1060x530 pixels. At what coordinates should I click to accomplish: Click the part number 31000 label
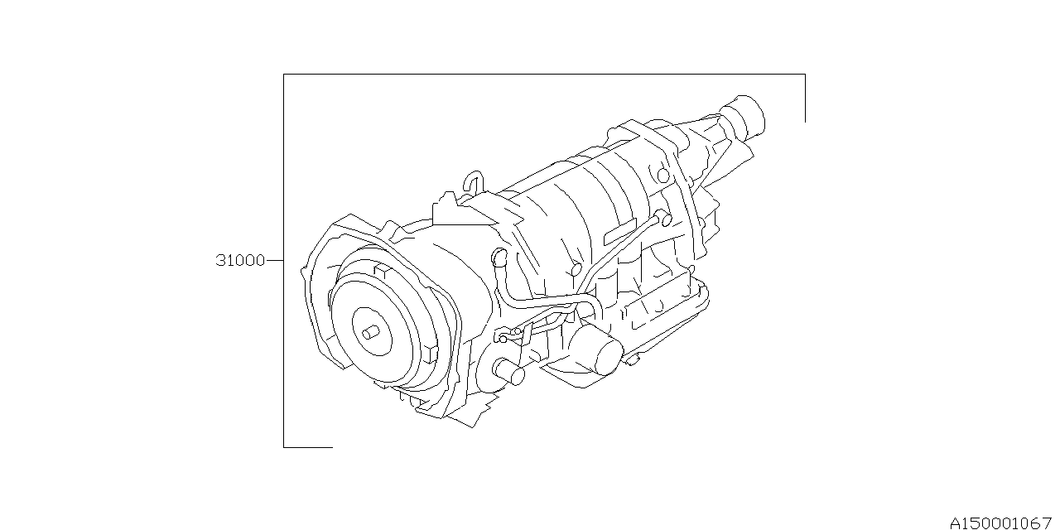[x=240, y=260]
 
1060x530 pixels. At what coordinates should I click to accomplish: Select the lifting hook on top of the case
[x=473, y=181]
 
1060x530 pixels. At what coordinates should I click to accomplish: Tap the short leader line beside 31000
[x=274, y=260]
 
